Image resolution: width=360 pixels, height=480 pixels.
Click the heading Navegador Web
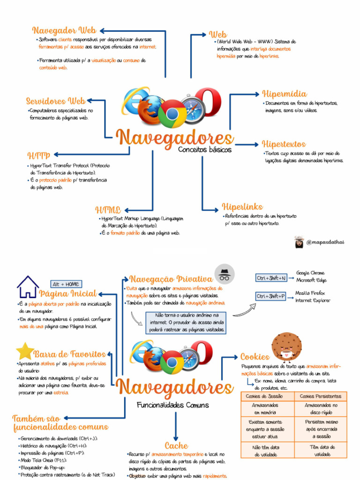[64, 31]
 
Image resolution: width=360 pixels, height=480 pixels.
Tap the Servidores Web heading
[55, 101]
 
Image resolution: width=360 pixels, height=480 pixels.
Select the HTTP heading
[38, 155]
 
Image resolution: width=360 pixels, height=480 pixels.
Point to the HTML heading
[108, 210]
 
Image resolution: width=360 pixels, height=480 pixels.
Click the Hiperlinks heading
[242, 207]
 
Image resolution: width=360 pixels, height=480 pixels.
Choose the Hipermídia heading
[285, 94]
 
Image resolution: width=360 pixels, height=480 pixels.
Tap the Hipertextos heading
[284, 144]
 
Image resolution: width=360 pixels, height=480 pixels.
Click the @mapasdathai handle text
[325, 242]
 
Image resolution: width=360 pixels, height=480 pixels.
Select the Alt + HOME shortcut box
[66, 284]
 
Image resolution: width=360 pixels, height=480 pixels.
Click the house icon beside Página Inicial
[28, 287]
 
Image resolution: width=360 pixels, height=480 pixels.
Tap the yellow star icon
[25, 351]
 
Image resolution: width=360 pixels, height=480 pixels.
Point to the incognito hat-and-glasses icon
[225, 274]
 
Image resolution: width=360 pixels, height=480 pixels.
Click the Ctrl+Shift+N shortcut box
[271, 278]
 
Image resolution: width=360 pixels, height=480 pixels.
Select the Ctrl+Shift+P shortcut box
[271, 296]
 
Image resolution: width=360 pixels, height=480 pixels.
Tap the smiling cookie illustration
[286, 347]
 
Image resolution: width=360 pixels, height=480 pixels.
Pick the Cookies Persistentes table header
[321, 396]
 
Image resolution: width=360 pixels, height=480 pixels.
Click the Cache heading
[176, 446]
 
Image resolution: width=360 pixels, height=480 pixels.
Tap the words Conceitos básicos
[204, 150]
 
